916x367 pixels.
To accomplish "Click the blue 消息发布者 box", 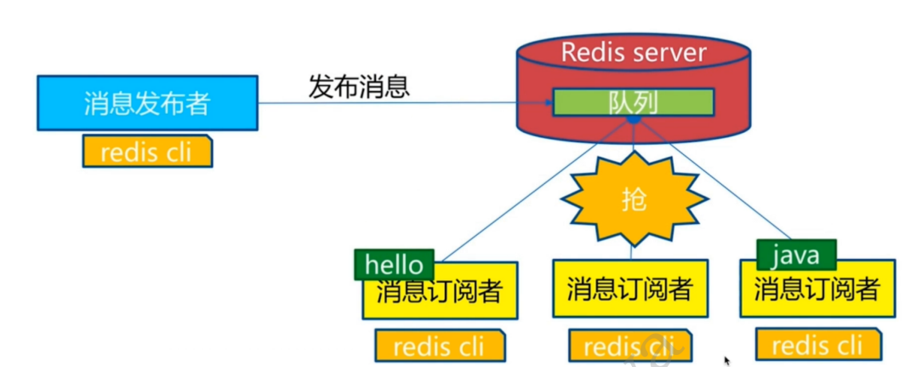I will [147, 103].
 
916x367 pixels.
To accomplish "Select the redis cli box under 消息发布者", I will [147, 152].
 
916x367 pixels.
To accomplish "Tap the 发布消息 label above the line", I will [358, 86].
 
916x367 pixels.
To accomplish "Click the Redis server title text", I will [633, 52].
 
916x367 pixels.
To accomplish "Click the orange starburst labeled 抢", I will [634, 199].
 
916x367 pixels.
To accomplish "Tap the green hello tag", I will [394, 264].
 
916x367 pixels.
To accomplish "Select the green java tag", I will [796, 254].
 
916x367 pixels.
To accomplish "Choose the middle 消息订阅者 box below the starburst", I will [630, 289].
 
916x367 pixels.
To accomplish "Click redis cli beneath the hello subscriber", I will [440, 346].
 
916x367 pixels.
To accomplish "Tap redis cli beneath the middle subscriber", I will [629, 346].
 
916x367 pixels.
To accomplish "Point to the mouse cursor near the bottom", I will [727, 361].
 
